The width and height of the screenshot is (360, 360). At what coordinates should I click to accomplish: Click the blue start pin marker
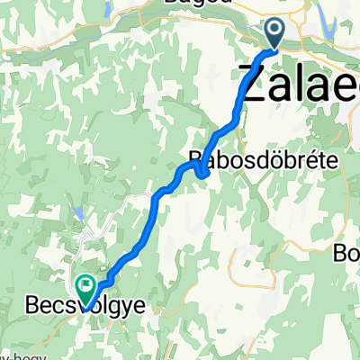(x=274, y=34)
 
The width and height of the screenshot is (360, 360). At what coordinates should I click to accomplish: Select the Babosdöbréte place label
(x=262, y=160)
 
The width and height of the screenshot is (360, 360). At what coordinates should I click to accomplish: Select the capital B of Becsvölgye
(x=26, y=309)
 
